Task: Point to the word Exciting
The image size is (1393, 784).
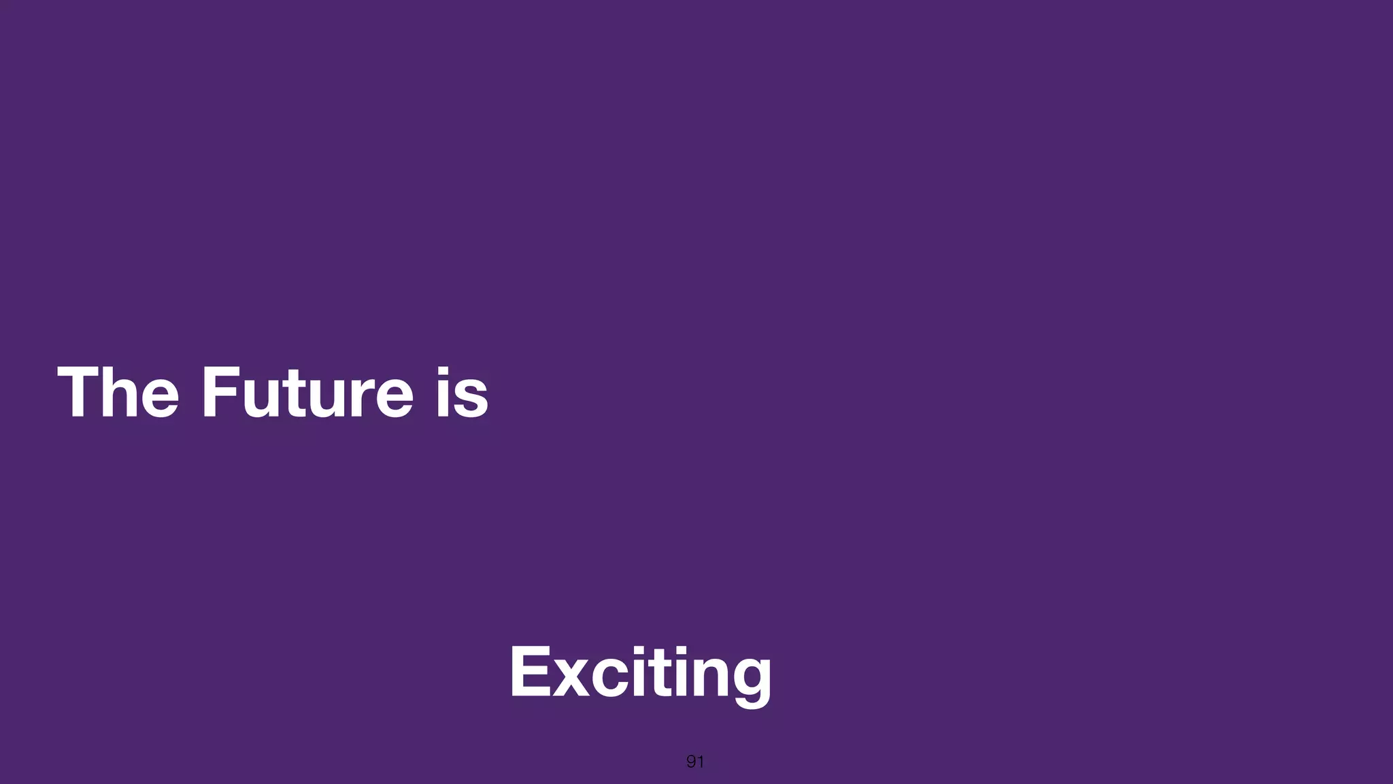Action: point(640,672)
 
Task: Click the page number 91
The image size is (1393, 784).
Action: point(695,762)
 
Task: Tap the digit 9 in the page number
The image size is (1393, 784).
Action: point(691,762)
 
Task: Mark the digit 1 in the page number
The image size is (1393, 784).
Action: point(700,762)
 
